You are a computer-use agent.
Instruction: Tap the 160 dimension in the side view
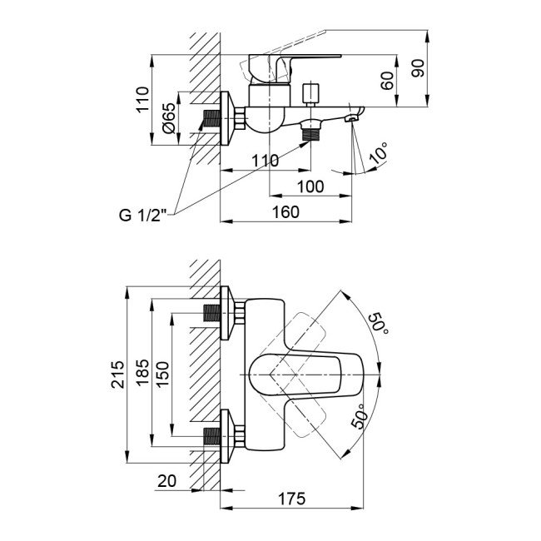click(285, 212)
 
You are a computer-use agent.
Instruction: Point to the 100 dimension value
click(310, 186)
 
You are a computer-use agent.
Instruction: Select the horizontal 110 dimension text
click(264, 161)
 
